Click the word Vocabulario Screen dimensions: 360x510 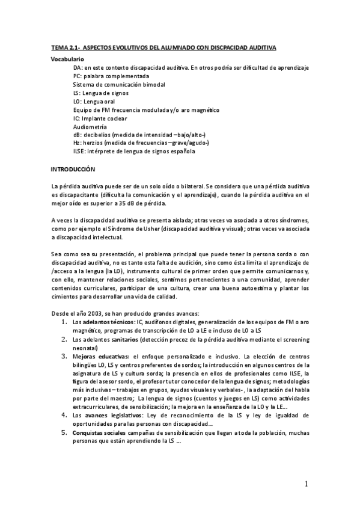[67, 60]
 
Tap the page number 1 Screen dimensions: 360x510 [305, 484]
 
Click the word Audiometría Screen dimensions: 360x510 [90, 127]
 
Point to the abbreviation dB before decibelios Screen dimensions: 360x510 [77, 135]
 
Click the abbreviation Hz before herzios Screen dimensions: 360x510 [77, 143]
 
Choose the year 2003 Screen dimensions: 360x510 [92, 313]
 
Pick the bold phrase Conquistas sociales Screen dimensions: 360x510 [99, 433]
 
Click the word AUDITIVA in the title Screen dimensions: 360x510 [263, 47]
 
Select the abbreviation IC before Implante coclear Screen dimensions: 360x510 [76, 118]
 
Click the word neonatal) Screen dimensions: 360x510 [85, 347]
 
